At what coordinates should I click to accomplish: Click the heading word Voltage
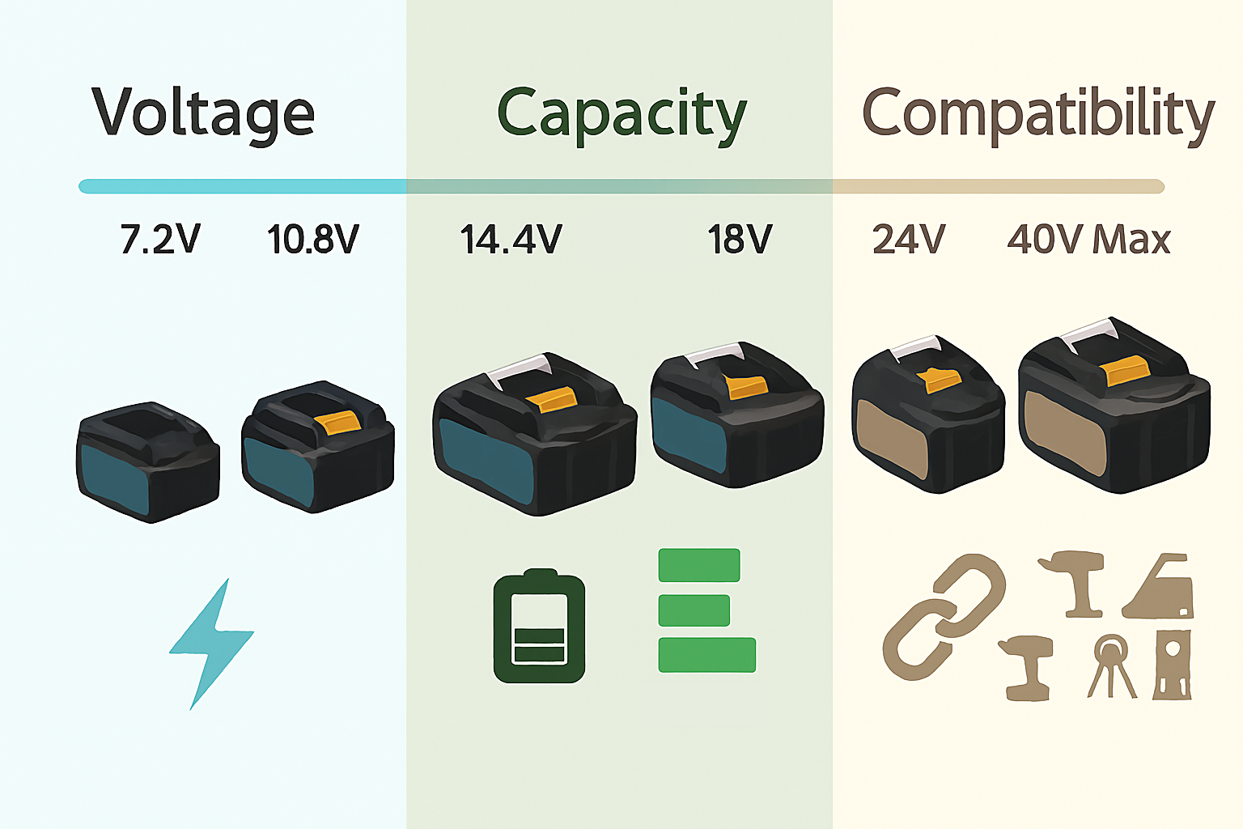pos(203,113)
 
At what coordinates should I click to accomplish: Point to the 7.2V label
pos(159,240)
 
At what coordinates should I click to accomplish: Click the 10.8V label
pos(313,240)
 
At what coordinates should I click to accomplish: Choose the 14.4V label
pos(511,240)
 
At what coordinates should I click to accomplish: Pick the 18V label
pos(740,240)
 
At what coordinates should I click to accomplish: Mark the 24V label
pos(909,240)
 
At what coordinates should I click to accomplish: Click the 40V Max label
pos(1088,240)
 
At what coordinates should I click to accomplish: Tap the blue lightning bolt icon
pos(210,644)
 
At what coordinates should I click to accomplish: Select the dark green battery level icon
pos(539,627)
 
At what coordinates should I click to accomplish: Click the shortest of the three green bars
pos(694,610)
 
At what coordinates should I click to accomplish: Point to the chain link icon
pos(944,617)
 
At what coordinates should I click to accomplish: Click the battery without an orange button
pos(148,461)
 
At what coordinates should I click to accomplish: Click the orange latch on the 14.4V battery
pos(552,399)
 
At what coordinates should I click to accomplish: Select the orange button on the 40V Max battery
pos(1126,372)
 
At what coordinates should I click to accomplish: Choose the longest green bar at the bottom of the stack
pos(706,655)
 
